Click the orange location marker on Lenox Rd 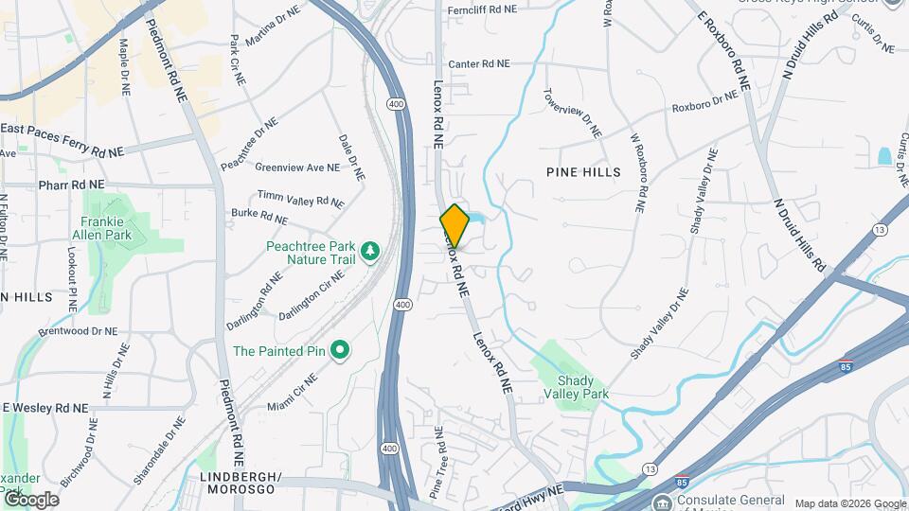454,225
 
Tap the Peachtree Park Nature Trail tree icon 372,250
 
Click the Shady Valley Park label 575,386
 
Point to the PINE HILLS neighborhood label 583,172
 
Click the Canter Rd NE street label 479,64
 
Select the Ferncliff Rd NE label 483,9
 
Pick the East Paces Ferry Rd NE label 62,139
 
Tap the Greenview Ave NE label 296,167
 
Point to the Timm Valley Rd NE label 300,199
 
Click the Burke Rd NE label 258,217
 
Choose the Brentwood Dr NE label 78,332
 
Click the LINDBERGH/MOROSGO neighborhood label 238,483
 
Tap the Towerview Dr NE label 573,113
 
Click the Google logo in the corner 31,499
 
